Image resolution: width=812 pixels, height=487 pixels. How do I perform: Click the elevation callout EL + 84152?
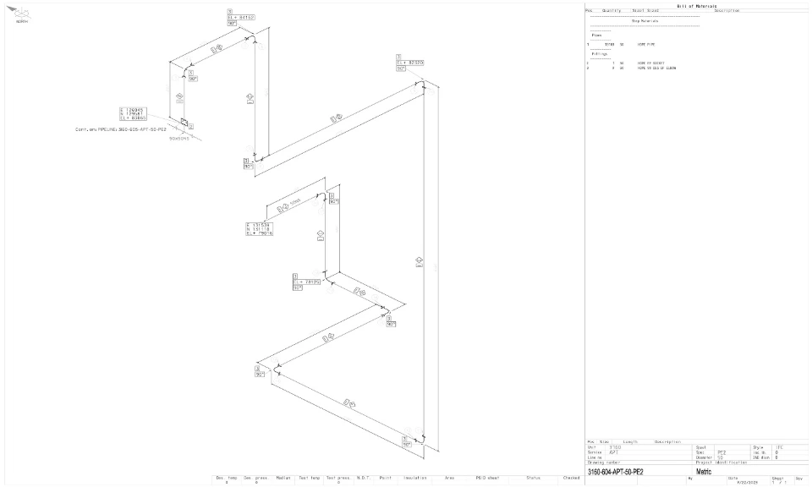(x=242, y=16)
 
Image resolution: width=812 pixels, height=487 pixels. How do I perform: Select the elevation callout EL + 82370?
(x=409, y=63)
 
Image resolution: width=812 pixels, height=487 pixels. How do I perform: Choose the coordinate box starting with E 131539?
(x=258, y=228)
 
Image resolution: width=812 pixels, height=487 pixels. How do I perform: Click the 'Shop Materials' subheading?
(x=645, y=21)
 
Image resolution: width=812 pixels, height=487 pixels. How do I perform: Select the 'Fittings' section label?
(x=599, y=53)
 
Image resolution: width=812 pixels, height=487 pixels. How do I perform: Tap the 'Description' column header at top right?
(x=726, y=10)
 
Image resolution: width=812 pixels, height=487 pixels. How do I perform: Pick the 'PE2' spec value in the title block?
(x=721, y=452)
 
